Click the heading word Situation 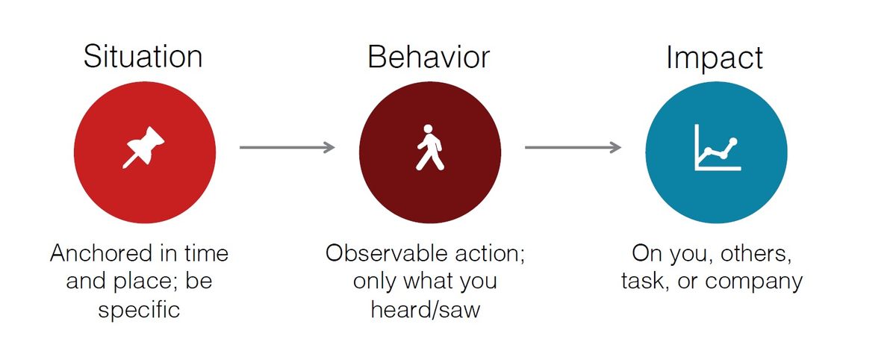143,57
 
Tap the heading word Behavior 429,57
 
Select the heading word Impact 715,58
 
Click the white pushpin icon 143,147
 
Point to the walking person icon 429,147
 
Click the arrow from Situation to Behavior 287,147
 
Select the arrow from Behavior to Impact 573,147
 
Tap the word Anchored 102,254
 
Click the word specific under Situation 139,310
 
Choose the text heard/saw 425,310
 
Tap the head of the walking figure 428,129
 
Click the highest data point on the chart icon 733,142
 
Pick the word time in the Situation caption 206,254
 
